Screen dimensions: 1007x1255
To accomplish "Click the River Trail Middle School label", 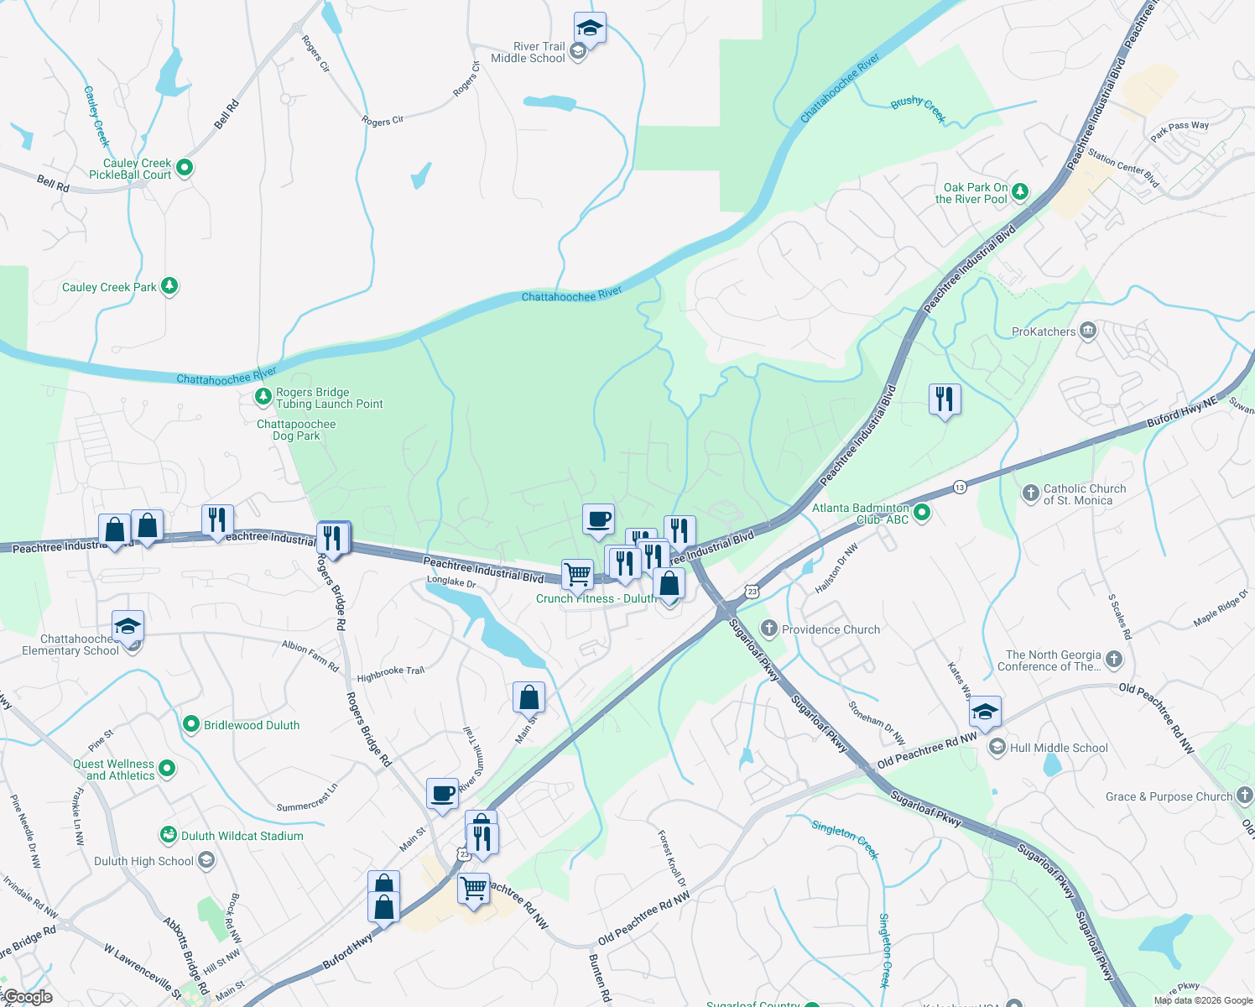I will click(x=528, y=52).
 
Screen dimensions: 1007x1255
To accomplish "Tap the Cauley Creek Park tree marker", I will click(x=169, y=286).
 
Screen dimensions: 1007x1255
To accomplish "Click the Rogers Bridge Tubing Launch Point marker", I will click(x=263, y=395).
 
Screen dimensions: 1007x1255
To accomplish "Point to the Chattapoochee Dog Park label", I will click(x=296, y=430).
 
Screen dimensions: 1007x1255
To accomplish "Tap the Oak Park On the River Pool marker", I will click(x=1020, y=191).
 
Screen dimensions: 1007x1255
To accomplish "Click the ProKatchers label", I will click(x=1044, y=331).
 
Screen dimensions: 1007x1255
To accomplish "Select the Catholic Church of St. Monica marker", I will click(x=1031, y=493).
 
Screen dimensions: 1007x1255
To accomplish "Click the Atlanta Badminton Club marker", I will click(x=922, y=511).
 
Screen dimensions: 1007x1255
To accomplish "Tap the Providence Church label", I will click(x=831, y=629).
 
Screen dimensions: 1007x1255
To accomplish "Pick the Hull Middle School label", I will click(x=1059, y=748).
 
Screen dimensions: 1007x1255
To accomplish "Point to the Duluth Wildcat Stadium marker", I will click(x=169, y=835).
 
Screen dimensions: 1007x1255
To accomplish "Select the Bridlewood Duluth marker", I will click(x=191, y=724).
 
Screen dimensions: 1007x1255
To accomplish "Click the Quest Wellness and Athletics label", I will click(x=114, y=770).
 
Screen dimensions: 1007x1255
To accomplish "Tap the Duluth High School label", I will click(x=143, y=861).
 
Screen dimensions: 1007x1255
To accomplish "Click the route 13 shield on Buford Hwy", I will click(x=960, y=487).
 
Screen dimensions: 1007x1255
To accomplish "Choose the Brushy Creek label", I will click(x=918, y=107).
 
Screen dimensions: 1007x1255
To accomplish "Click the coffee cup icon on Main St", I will click(x=442, y=793).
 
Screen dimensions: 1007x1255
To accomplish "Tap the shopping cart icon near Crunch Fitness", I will click(x=577, y=575).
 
